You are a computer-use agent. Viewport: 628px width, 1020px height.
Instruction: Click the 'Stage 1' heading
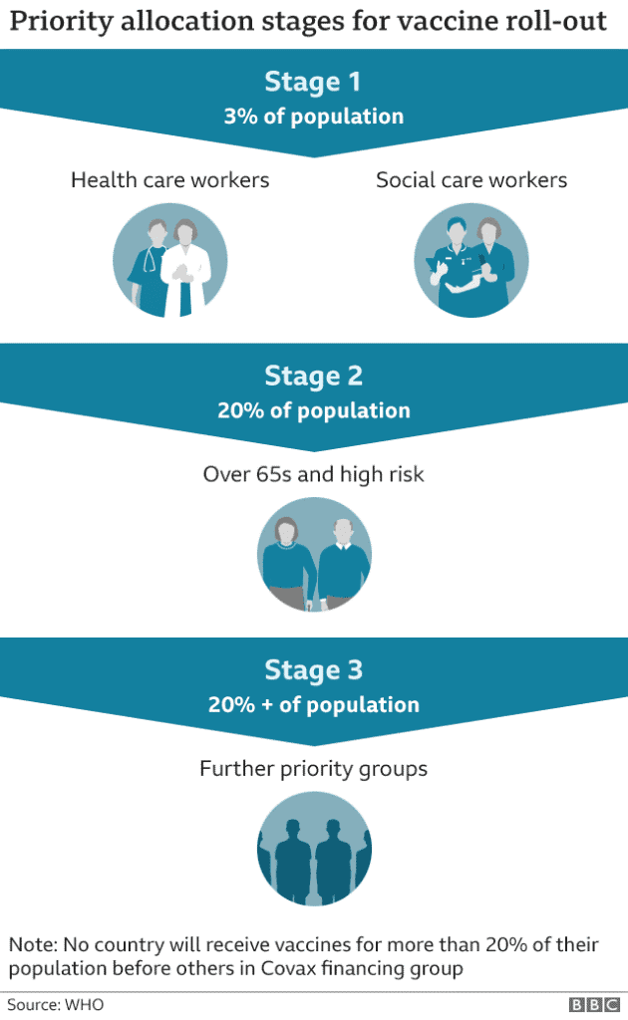point(312,82)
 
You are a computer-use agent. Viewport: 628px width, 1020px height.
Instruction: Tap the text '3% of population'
point(314,117)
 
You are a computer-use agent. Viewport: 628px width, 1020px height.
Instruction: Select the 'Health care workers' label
point(169,179)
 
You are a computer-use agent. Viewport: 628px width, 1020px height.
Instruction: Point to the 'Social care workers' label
point(471,179)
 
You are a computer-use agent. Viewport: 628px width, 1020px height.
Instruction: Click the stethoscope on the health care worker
point(151,260)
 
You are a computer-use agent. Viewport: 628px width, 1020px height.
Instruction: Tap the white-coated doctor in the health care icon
point(185,268)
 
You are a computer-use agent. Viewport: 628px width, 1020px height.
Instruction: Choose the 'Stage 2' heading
point(313,376)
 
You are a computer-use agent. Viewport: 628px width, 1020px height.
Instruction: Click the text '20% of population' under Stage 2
point(314,410)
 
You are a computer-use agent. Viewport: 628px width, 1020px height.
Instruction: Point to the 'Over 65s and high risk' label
point(314,474)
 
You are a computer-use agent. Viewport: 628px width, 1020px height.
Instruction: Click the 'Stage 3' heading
point(313,670)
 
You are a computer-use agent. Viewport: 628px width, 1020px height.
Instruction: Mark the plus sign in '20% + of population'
point(267,705)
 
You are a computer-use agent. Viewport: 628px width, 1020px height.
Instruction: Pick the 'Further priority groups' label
point(314,769)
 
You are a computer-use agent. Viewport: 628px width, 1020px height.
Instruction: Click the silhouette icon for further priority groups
point(314,849)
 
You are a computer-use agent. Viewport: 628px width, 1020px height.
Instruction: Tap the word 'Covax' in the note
point(288,968)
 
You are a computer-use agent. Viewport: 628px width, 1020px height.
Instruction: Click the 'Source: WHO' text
point(55,1004)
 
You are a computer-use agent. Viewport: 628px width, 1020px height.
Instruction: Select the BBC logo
point(594,1004)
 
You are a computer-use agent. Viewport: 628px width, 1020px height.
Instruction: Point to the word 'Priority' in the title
point(61,22)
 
